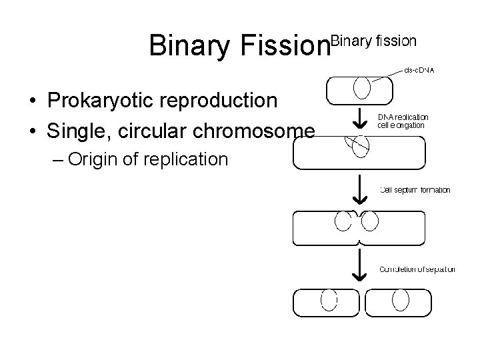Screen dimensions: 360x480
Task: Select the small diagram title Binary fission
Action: click(374, 41)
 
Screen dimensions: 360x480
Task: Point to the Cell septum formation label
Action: click(415, 190)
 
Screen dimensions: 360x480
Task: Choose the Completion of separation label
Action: click(417, 269)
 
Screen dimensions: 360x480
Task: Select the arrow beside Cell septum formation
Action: click(359, 191)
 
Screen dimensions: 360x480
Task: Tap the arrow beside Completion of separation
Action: click(359, 267)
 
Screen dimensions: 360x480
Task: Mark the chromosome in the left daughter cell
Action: click(329, 300)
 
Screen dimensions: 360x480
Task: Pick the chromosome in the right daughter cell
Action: click(400, 300)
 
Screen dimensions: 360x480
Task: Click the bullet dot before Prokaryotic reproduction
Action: click(32, 101)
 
